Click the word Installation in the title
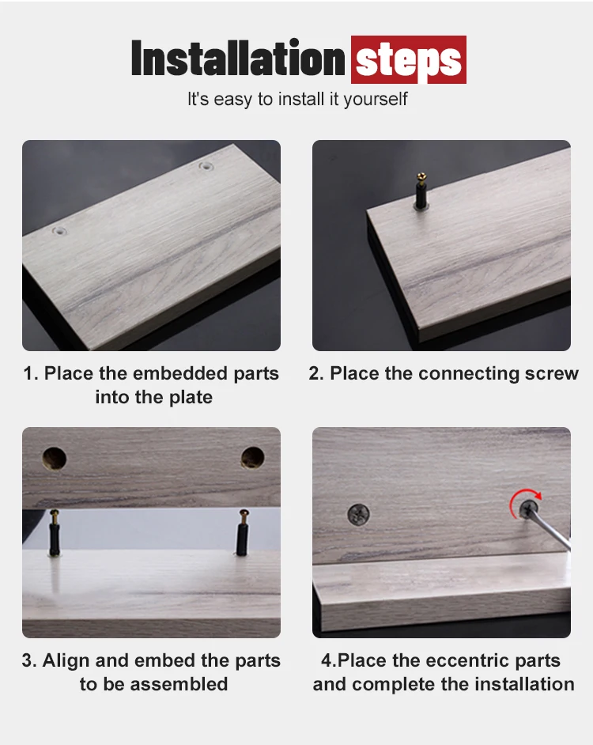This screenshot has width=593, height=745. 237,58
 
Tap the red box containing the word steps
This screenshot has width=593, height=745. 409,59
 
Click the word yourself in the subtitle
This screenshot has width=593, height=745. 376,100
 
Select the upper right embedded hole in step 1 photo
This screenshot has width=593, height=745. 206,166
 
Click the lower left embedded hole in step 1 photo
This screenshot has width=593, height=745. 59,232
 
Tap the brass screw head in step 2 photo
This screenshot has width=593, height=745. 421,177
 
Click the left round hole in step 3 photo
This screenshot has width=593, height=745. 55,459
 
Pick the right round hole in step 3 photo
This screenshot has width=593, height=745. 252,458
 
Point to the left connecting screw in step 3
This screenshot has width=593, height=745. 55,532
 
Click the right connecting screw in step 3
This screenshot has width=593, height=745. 242,532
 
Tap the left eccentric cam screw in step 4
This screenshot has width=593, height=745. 359,514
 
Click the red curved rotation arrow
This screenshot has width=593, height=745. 516,499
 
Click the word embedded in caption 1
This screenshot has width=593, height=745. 180,373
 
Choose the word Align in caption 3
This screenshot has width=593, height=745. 66,661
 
